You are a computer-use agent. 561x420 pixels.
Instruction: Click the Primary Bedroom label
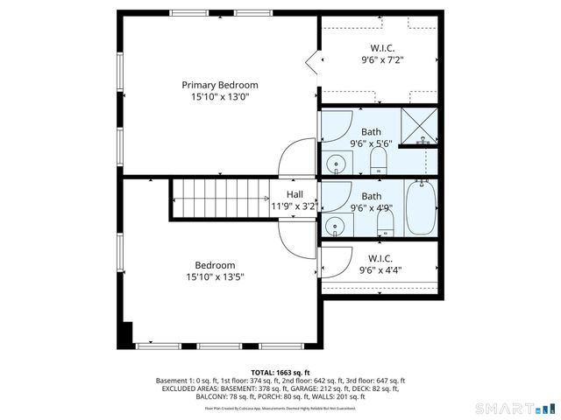tap(220, 85)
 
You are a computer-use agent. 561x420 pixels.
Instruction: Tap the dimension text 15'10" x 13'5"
tap(215, 277)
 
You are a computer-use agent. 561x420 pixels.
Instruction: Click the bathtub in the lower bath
tap(421, 207)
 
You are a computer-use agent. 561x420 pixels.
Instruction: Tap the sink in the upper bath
tap(336, 164)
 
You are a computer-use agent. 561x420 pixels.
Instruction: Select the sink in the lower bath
tap(336, 226)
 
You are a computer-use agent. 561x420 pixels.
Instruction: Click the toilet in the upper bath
tap(379, 159)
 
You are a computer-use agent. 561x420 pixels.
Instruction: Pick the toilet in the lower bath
tap(384, 226)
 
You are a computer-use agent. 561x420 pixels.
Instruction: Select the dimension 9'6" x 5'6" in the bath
tap(371, 143)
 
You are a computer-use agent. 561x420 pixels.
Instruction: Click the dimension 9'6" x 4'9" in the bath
tap(371, 208)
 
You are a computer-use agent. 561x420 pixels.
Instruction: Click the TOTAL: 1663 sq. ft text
tap(280, 372)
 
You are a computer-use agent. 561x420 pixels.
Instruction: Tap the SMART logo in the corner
tap(513, 409)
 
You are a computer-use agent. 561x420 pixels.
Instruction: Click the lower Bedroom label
tap(215, 265)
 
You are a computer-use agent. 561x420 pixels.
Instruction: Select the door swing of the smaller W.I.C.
tap(332, 255)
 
